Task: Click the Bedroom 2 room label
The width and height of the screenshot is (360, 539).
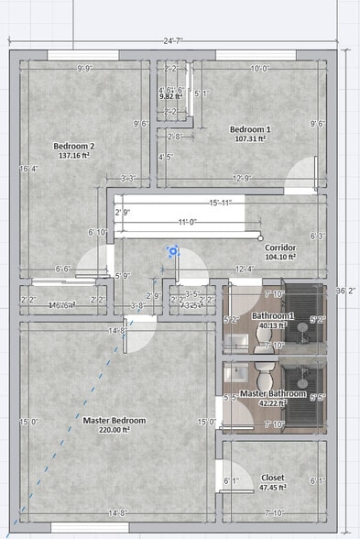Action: coord(74,147)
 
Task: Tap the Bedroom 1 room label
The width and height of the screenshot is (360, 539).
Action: coord(249,129)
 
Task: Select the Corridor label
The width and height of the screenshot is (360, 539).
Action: coord(280,247)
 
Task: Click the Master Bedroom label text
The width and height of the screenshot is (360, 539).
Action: coord(115,420)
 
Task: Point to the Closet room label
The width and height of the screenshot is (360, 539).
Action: coord(272,478)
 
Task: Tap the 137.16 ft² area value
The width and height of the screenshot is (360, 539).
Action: coord(75,157)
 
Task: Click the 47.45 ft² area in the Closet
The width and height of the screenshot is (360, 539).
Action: coord(272,488)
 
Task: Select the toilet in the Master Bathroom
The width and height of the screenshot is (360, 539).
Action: coord(266,377)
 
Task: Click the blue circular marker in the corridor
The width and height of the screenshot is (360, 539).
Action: coord(171,250)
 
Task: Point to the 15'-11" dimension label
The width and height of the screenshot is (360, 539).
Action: coord(220,203)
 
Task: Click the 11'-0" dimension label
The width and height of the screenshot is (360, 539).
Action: coord(190,221)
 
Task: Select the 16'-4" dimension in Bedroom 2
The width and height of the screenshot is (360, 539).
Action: coord(28,169)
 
